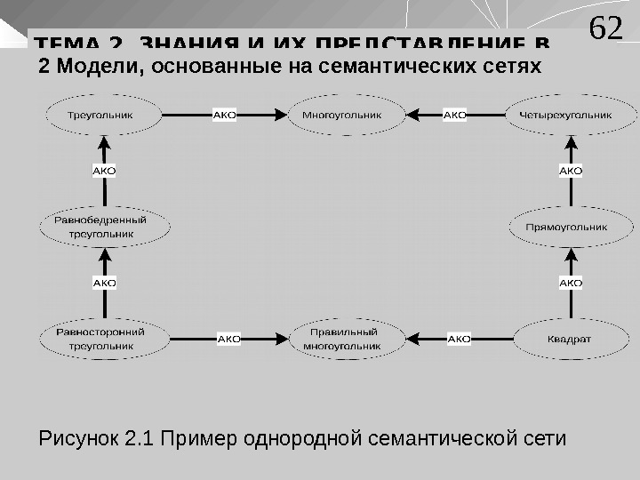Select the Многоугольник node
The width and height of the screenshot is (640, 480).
[341, 115]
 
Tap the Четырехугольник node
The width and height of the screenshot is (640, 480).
[572, 115]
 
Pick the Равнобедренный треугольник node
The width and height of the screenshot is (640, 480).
[105, 227]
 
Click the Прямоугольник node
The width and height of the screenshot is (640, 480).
[566, 227]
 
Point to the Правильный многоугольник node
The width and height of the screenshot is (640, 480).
[341, 339]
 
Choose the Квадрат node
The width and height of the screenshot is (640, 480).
[570, 339]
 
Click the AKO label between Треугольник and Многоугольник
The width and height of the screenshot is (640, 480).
[225, 115]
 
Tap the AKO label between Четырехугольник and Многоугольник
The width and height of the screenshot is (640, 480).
[455, 115]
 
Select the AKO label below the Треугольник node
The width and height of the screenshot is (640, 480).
[105, 170]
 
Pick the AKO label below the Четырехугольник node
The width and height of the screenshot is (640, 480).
[571, 170]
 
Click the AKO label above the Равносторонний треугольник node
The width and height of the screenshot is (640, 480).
[105, 283]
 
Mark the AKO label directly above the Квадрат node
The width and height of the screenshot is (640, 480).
[571, 283]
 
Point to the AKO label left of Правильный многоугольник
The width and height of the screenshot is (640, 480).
[229, 339]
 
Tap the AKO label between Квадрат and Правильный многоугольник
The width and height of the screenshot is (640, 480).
[459, 339]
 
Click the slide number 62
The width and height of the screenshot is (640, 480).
[606, 29]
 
